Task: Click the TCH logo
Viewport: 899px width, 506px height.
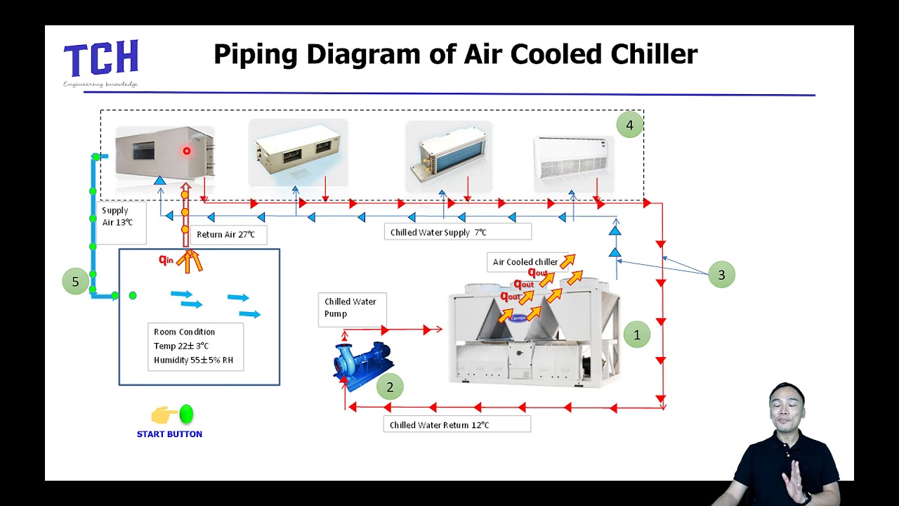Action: (x=101, y=59)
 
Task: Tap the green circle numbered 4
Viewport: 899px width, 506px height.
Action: (x=629, y=125)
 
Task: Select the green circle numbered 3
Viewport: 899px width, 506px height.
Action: (x=721, y=275)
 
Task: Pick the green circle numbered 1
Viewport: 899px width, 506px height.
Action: (x=637, y=335)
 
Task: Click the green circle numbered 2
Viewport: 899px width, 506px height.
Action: (x=390, y=387)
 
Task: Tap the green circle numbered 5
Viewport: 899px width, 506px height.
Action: (x=75, y=282)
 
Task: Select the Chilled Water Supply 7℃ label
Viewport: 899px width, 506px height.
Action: (x=457, y=232)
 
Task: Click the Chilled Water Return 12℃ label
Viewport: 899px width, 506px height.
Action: (x=457, y=424)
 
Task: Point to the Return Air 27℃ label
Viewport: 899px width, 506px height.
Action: (x=226, y=235)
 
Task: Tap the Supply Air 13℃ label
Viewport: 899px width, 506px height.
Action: (x=118, y=216)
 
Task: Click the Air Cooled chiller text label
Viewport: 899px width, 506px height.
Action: (x=525, y=262)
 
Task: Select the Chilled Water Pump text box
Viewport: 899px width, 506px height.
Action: (x=351, y=308)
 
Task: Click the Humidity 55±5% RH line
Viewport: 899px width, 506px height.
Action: (x=193, y=360)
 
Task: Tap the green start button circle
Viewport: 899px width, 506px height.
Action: (x=186, y=414)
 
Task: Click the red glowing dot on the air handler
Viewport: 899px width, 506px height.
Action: (x=187, y=151)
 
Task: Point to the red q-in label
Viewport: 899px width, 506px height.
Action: (x=166, y=260)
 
